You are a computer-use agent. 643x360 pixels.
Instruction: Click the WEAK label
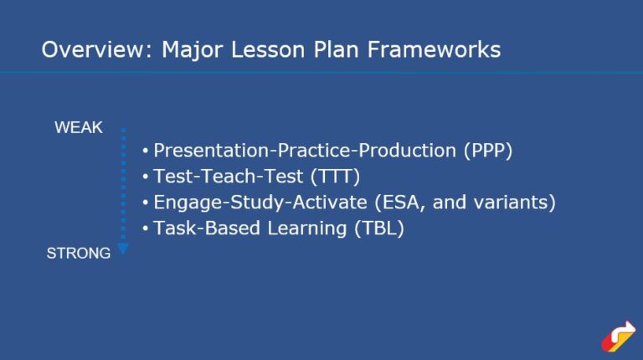(x=78, y=127)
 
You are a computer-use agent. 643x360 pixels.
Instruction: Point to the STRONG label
(x=78, y=253)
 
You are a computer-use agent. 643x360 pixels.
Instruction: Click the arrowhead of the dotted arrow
(x=123, y=249)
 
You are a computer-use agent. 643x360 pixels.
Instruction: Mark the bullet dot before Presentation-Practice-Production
(x=145, y=152)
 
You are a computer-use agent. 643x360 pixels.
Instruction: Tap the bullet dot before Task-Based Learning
(x=145, y=229)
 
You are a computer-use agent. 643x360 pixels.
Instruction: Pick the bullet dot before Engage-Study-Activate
(x=145, y=203)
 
